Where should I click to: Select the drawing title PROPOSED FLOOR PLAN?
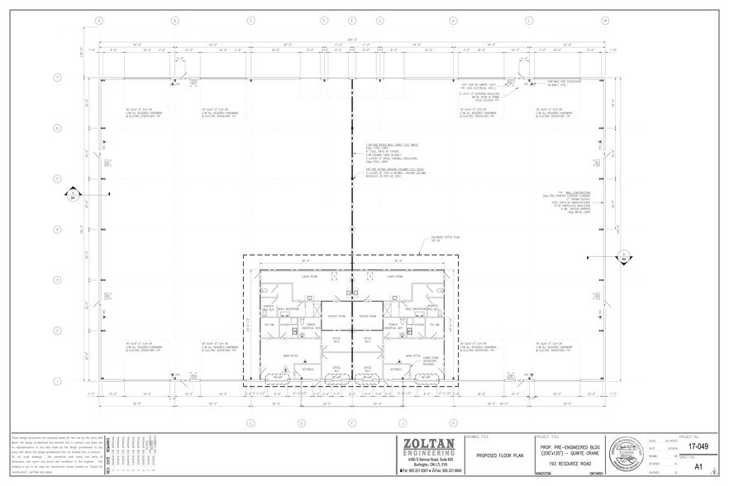tap(498, 455)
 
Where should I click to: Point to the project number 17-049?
tap(698, 446)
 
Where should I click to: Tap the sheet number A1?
tap(698, 466)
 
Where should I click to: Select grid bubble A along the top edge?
tap(99, 20)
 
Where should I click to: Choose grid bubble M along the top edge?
tap(605, 20)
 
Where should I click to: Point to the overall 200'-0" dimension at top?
tap(352, 39)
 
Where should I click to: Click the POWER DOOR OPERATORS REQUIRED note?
tap(431, 361)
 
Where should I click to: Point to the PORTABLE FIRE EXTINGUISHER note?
tap(565, 82)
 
